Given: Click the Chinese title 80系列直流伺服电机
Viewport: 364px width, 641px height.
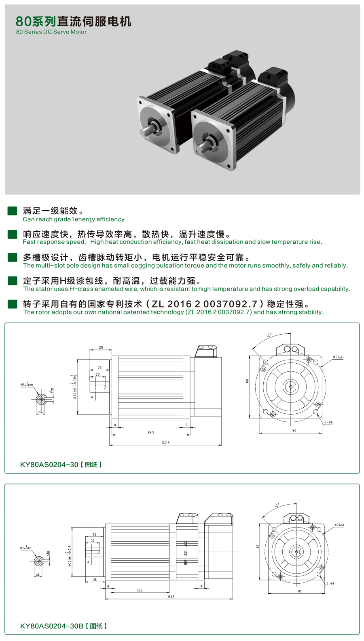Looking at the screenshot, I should pos(74,21).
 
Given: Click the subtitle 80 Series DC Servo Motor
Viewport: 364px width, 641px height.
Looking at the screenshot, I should pos(51,32).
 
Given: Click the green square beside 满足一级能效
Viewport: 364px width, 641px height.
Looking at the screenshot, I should pos(13,211).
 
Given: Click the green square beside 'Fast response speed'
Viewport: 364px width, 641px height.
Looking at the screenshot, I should pos(13,234).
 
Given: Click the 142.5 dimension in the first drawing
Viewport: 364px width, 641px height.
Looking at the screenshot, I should pos(165,443).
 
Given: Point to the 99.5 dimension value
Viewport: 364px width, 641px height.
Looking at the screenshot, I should pos(151,432).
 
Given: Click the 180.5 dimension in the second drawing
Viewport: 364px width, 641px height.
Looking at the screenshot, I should pos(171,597).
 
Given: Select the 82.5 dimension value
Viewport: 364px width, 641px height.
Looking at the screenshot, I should pos(140,590).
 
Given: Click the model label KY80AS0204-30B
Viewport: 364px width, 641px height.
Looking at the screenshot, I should pos(52,626).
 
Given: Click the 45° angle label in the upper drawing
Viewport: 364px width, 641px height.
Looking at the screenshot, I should pos(269,335).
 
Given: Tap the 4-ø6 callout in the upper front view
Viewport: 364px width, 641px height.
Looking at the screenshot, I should pos(328,422).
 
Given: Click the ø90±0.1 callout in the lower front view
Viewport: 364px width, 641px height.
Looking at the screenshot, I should pos(339,525).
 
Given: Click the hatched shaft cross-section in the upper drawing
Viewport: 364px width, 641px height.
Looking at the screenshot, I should pos(41,400).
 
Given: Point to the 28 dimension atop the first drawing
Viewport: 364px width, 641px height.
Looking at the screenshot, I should pos(101,347).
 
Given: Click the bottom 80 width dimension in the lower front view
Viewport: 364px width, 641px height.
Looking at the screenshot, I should pos(300,591).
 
